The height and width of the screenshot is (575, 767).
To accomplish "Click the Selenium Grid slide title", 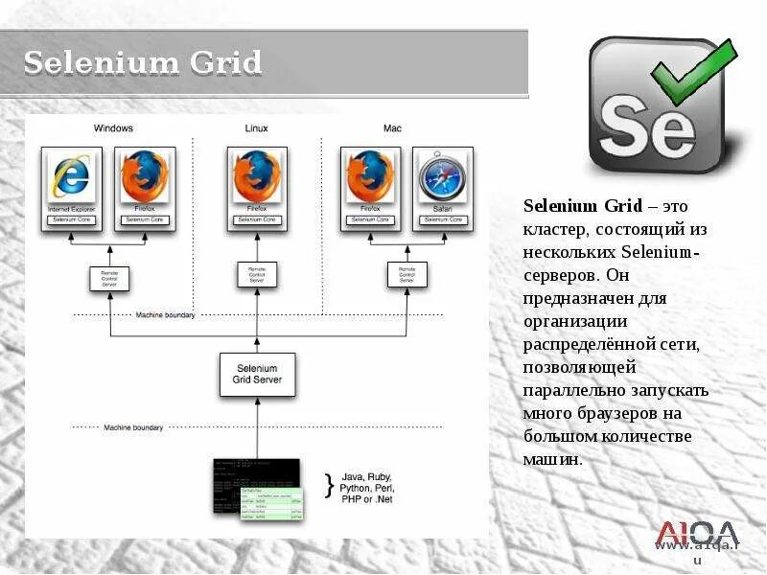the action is (x=142, y=62).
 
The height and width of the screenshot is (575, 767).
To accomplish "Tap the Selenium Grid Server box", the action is (x=256, y=374).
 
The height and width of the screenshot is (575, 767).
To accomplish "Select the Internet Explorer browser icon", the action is (x=72, y=177).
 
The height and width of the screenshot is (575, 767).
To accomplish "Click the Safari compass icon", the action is (x=442, y=177).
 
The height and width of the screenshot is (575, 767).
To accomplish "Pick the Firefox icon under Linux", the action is (x=256, y=177).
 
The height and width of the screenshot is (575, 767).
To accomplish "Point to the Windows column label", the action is (x=113, y=128).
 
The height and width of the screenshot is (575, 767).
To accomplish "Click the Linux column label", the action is (x=256, y=128).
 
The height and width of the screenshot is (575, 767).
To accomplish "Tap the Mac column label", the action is (x=392, y=128).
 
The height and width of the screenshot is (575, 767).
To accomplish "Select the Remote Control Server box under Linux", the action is (x=256, y=275).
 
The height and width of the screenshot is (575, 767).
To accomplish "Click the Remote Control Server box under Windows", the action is (x=108, y=278).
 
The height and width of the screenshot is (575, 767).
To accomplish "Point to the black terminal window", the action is (x=254, y=474).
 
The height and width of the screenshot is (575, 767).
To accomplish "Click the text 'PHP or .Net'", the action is (x=365, y=499).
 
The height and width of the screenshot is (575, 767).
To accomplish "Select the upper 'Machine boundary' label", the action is (x=165, y=315).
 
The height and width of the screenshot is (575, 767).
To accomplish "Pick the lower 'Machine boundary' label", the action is (x=133, y=427).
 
